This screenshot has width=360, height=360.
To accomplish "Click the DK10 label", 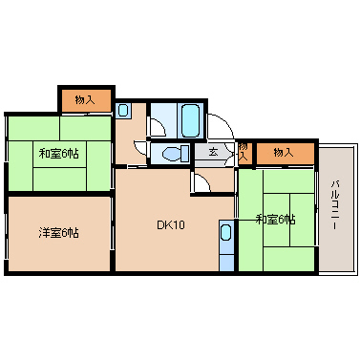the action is point(171,225).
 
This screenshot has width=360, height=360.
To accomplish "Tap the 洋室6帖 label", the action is point(59,233).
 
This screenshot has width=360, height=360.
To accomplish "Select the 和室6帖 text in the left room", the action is point(59,154).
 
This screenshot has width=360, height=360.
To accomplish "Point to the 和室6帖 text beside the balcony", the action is point(276,220).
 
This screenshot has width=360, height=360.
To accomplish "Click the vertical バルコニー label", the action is point(334,204).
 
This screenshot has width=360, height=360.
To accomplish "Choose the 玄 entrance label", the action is point(213,152).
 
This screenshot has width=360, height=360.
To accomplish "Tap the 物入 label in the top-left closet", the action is point(85,100).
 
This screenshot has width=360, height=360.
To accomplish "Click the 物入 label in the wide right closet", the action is point(284,153).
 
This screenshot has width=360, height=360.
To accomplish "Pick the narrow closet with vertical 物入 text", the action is point(244,154).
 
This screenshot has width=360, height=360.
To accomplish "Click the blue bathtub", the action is point(191,120).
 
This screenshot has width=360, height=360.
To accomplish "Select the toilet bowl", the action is point(171,155).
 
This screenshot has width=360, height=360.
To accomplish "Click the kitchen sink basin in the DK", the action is point(225,232).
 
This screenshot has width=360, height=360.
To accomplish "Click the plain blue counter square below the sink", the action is point(226,263).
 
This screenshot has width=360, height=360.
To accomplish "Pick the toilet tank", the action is point(184,154).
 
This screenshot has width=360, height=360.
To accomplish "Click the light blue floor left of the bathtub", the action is point(163,120).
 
